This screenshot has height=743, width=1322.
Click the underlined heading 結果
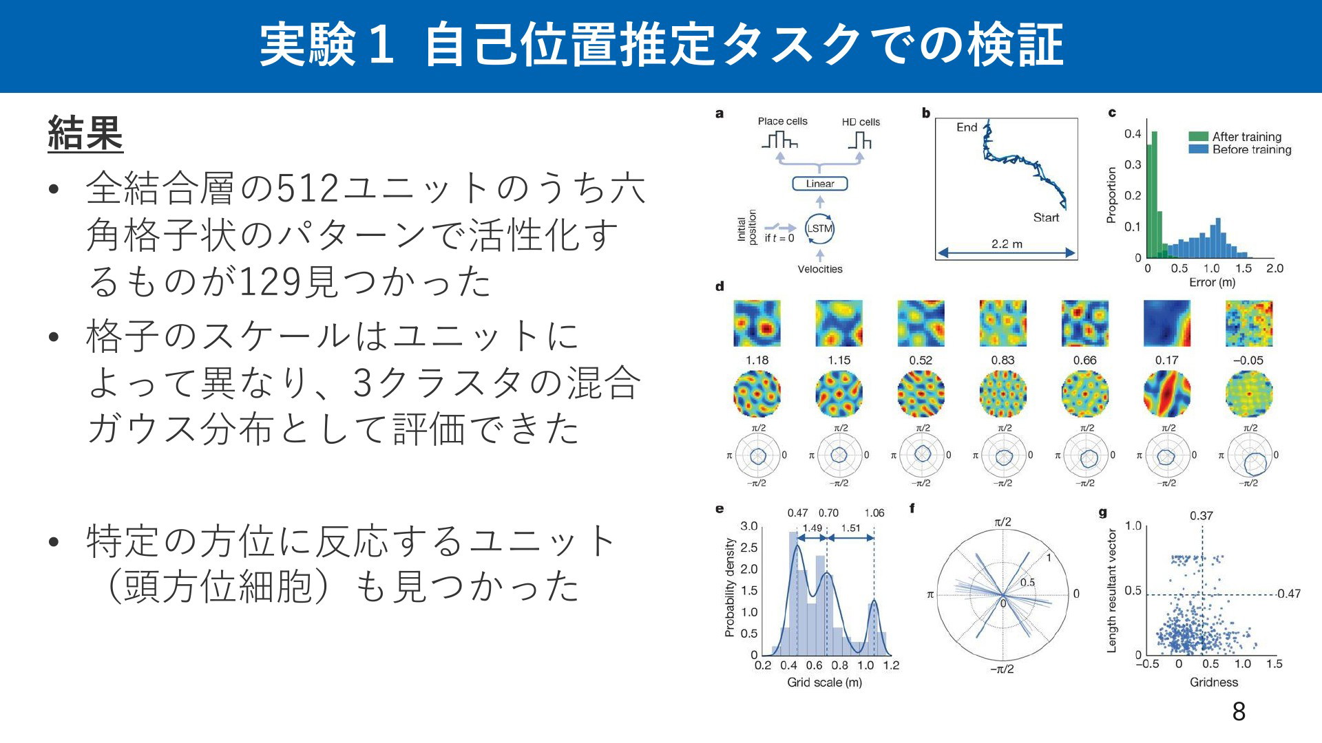85,133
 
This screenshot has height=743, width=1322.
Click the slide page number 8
1239,711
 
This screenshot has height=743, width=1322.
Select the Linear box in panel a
819,184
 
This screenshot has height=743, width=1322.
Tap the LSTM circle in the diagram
819,228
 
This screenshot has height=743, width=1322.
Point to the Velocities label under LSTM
819,269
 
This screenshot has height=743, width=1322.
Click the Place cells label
782,121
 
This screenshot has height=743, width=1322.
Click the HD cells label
861,122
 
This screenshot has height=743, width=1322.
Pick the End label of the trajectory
967,127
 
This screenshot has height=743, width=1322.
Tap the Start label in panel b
1046,217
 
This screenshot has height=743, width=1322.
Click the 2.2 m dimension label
1007,244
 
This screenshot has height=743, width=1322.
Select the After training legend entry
1236,136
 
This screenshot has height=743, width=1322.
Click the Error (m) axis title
1212,283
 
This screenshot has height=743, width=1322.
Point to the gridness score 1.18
757,360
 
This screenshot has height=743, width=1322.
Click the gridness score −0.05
1248,360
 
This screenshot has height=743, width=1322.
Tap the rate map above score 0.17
1166,323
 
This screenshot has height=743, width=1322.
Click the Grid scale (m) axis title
824,682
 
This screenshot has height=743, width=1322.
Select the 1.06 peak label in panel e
874,513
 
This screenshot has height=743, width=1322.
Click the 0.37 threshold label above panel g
1202,516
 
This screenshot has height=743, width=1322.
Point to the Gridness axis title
1214,682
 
